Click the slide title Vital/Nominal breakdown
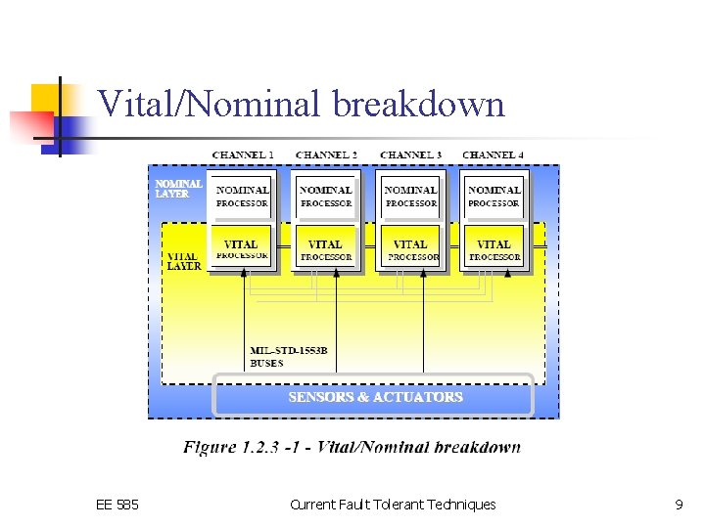302,104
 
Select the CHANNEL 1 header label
243,155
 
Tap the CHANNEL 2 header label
326,155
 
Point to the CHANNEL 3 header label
410,155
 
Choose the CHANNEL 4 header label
493,155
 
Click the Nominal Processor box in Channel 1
242,196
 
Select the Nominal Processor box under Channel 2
326,196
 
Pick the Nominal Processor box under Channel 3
410,196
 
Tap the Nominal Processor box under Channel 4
493,196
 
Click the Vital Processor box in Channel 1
241,248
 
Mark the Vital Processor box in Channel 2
325,248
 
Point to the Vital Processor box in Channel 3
410,248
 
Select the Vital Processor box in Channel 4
493,248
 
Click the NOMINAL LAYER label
178,189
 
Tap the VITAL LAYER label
183,261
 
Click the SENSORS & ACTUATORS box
375,397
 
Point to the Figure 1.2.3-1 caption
352,447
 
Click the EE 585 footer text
117,505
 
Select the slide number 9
679,505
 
